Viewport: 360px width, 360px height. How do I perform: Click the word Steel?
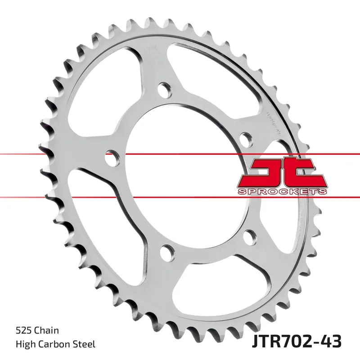(84, 345)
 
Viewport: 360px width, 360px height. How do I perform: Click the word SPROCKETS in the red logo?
(282, 192)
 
